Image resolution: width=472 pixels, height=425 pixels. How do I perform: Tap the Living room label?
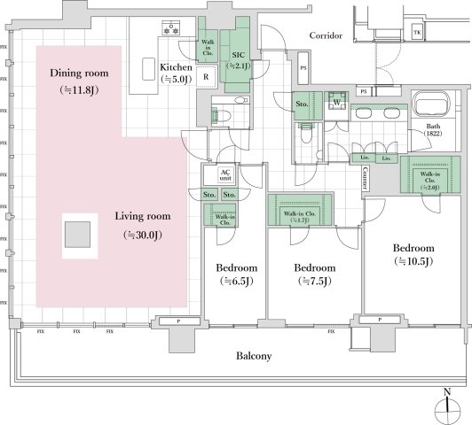click(x=146, y=215)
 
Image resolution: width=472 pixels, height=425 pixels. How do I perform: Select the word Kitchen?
click(x=177, y=67)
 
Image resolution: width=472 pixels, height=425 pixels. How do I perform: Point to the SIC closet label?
click(x=239, y=54)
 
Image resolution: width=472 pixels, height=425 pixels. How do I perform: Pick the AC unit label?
click(x=225, y=174)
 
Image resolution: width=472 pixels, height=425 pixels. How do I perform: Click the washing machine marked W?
click(x=336, y=100)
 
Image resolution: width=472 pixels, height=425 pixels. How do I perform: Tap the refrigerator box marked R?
click(x=206, y=76)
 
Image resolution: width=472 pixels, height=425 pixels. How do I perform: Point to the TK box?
click(x=418, y=33)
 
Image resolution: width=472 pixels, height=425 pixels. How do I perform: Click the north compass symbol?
click(x=447, y=406)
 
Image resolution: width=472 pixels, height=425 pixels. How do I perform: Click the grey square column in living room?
click(x=78, y=235)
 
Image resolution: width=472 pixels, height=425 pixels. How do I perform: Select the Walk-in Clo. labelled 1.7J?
click(x=300, y=214)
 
